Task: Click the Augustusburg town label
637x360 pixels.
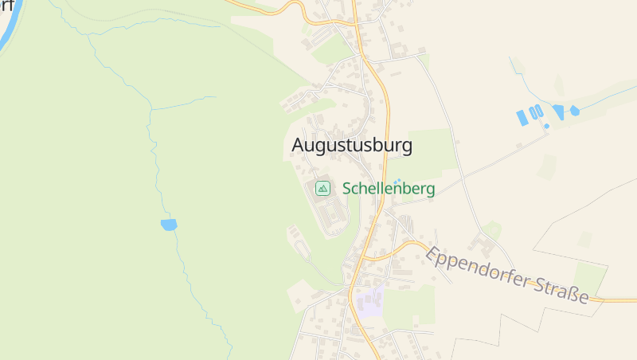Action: pyautogui.click(x=352, y=145)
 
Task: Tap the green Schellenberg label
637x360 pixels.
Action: pyautogui.click(x=389, y=189)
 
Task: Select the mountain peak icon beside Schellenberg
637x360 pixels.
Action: pyautogui.click(x=322, y=188)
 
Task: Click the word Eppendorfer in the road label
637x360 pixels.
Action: pyautogui.click(x=475, y=268)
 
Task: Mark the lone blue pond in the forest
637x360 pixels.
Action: pyautogui.click(x=168, y=225)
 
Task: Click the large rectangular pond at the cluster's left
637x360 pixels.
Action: pyautogui.click(x=522, y=118)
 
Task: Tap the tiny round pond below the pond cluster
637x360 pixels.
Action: pyautogui.click(x=546, y=126)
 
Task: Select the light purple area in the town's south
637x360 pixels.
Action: pyautogui.click(x=369, y=303)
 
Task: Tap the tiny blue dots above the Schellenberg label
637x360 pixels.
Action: pyautogui.click(x=398, y=180)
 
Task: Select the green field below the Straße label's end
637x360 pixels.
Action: pyautogui.click(x=590, y=278)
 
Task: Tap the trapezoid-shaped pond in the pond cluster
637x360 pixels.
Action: pyautogui.click(x=558, y=112)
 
